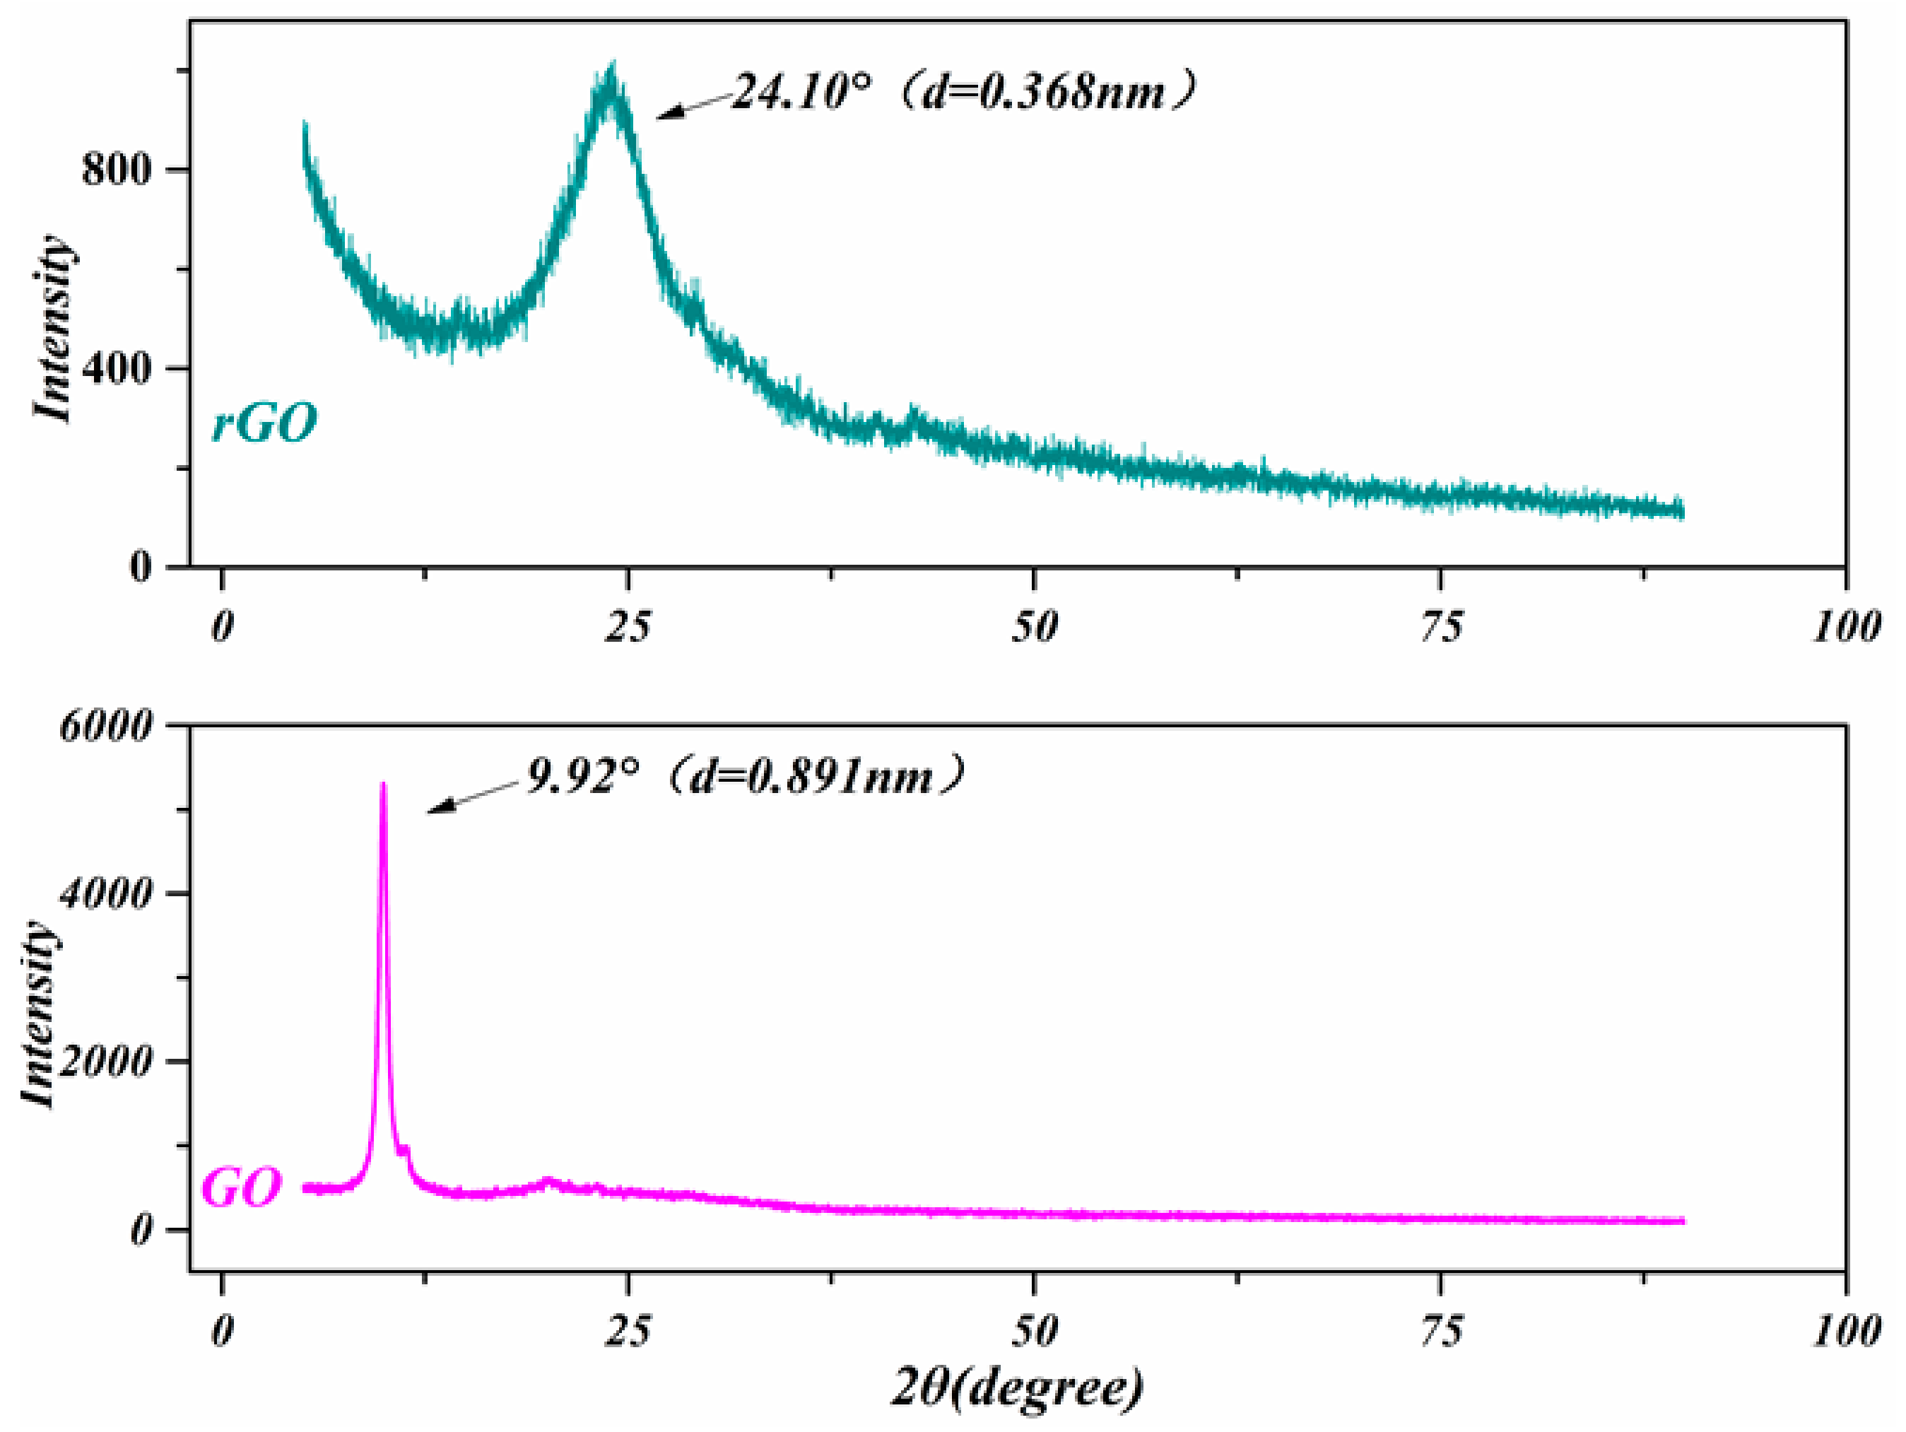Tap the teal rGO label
(x=264, y=423)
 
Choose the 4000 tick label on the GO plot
(x=105, y=893)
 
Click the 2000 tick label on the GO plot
(x=105, y=1062)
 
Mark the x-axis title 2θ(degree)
(x=1017, y=1387)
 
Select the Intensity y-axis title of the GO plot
(x=40, y=1014)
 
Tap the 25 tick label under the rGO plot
(x=628, y=626)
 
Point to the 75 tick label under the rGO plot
(x=1442, y=626)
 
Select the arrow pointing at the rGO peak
(x=694, y=105)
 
